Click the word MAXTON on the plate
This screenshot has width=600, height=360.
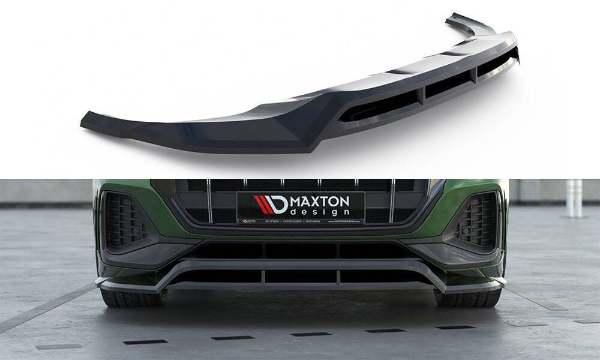point(320,202)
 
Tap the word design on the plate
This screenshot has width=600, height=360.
point(319,212)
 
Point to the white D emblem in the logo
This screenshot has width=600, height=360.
point(278,205)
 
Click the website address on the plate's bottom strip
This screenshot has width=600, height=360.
point(344,221)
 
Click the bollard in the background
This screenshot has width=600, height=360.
point(574,198)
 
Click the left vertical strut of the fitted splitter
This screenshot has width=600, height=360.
point(263,277)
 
